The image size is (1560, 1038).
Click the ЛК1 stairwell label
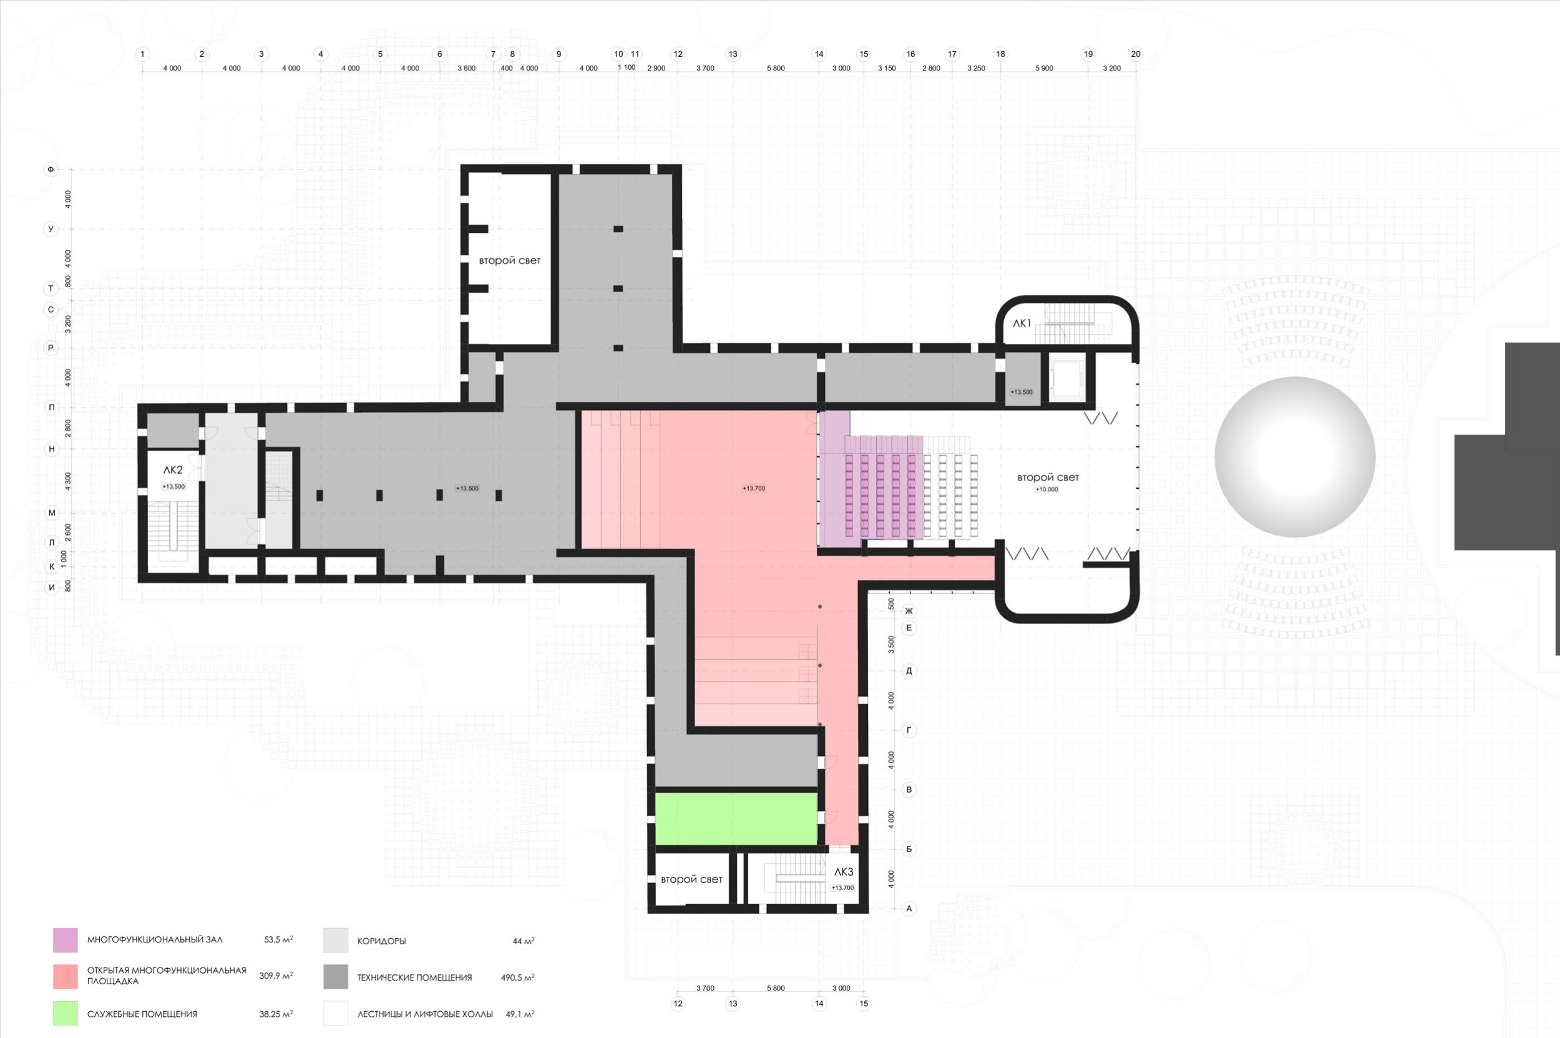tap(1022, 323)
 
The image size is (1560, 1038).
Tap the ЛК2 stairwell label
tap(173, 470)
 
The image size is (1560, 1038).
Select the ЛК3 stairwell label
tap(843, 872)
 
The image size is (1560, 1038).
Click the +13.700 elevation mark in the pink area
tap(754, 489)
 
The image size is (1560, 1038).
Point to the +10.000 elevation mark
tap(1047, 490)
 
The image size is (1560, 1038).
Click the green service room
tap(736, 818)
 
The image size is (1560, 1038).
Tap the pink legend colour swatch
tap(66, 976)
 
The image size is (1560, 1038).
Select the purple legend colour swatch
tap(66, 940)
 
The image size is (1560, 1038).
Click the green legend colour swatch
tap(66, 1013)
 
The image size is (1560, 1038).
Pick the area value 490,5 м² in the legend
tap(517, 977)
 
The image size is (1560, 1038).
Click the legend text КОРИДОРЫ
tap(382, 941)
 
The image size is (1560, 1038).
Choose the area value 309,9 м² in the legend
tap(276, 976)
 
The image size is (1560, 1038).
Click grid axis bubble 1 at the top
tap(142, 54)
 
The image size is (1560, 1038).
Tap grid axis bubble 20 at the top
tap(1136, 54)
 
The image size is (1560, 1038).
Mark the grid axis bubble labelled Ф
tap(51, 170)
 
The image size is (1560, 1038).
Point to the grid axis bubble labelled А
tap(909, 908)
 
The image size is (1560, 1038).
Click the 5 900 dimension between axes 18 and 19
tap(1044, 68)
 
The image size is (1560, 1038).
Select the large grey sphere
tap(1295, 457)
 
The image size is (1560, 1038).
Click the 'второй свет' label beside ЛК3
tap(691, 879)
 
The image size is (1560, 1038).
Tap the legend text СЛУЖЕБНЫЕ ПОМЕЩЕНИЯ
tap(142, 1014)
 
